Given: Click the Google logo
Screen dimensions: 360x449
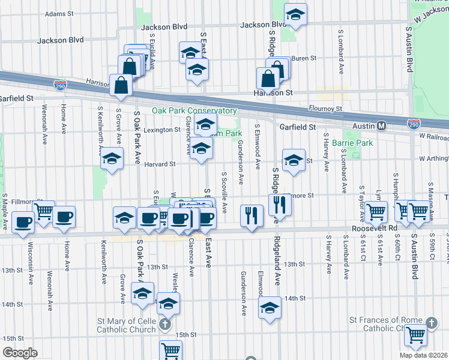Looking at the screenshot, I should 20,353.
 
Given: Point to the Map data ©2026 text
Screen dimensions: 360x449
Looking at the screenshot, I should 424,355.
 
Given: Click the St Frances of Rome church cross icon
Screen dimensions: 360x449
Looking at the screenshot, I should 430,323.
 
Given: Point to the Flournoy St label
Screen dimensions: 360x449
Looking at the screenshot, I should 325,109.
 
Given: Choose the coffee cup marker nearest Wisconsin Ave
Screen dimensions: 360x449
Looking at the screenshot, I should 23,222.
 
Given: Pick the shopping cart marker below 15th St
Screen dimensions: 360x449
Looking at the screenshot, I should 171,349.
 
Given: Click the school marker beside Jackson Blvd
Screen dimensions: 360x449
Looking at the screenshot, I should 295,14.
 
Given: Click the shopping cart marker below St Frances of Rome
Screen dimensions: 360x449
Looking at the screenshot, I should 415,335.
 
